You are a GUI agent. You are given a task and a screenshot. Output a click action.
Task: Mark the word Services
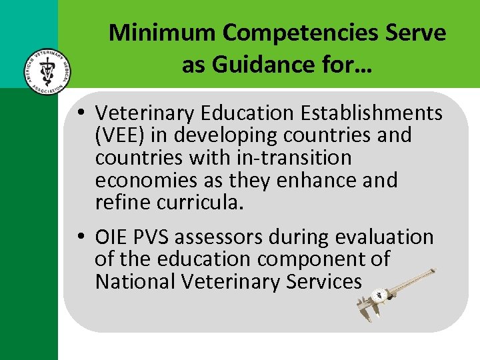coord(324,281)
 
